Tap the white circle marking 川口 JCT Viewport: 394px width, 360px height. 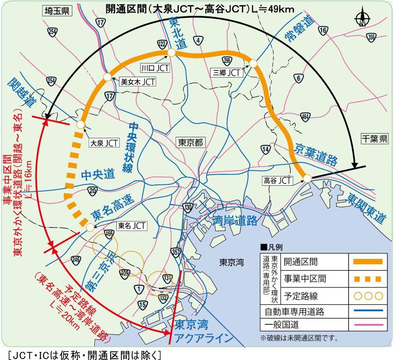[171, 53]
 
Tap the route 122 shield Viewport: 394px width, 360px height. [162, 44]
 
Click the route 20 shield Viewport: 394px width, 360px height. [92, 191]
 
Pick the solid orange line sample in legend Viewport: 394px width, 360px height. [365, 262]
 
